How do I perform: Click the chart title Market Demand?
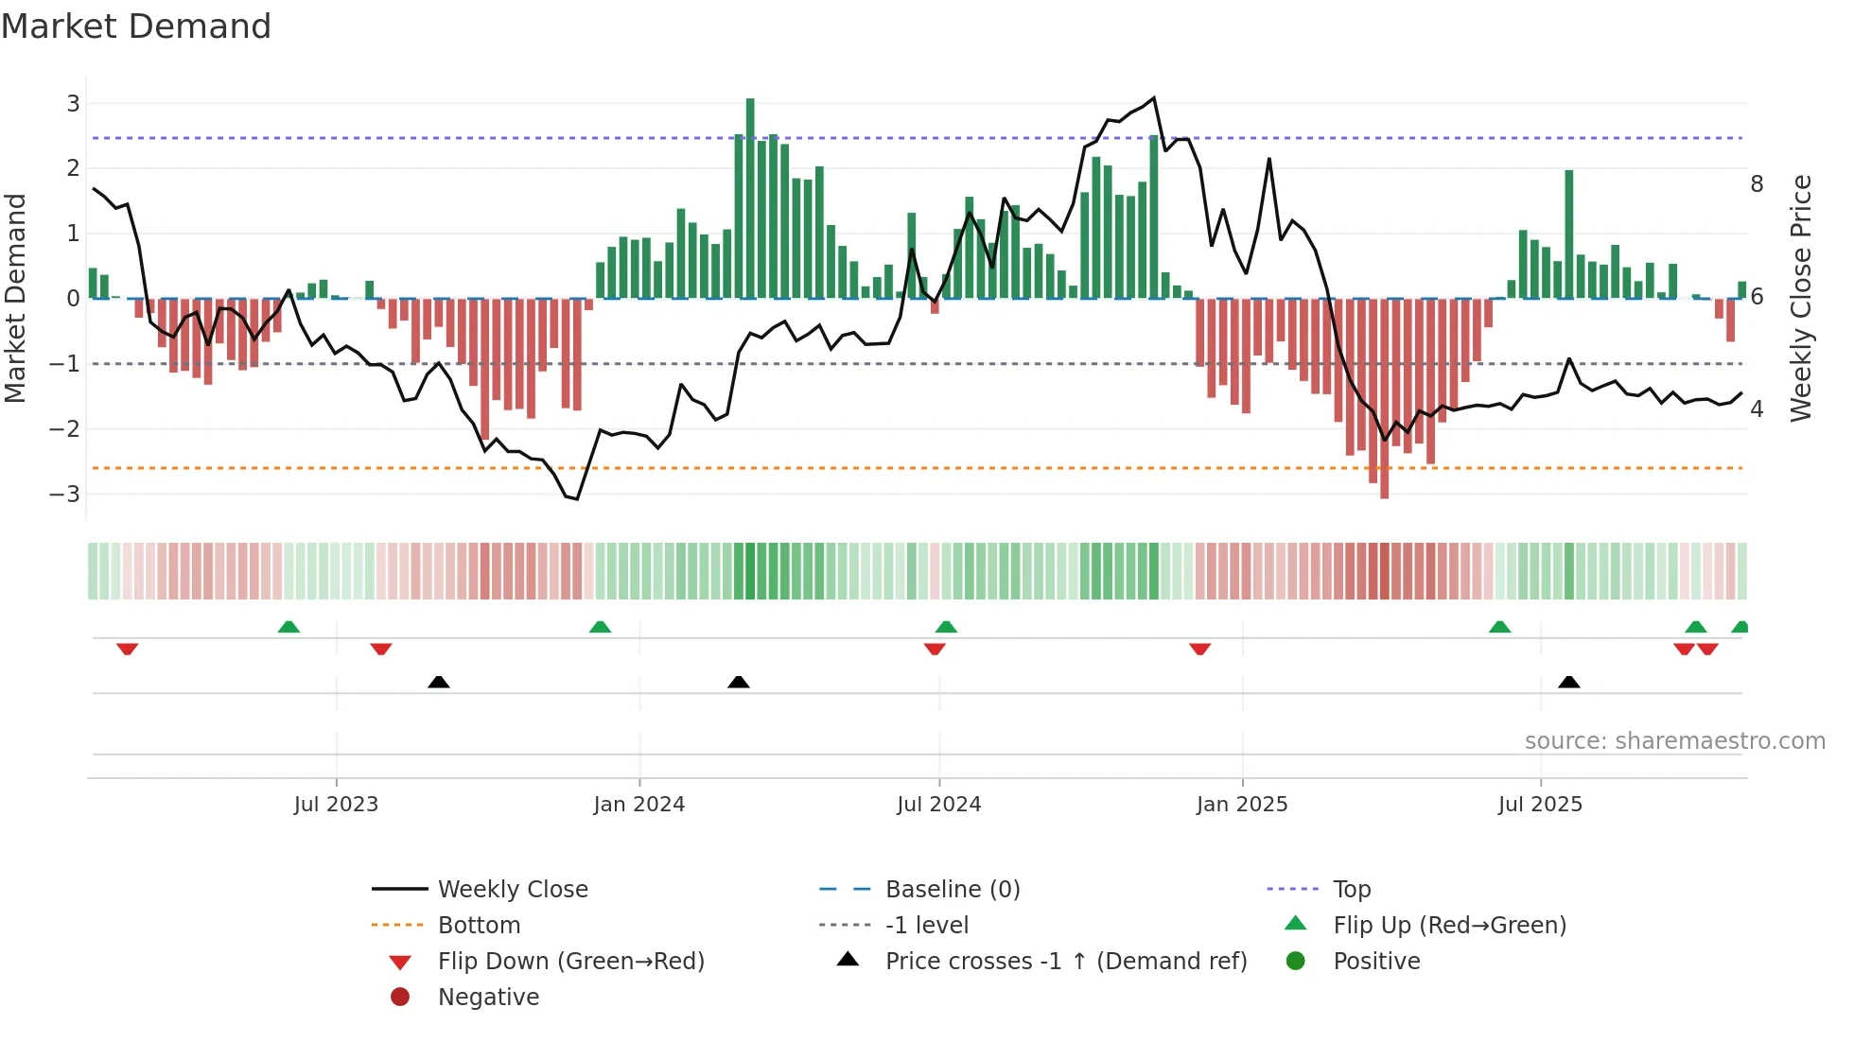[136, 26]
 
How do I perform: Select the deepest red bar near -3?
[1385, 397]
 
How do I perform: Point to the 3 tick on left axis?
[73, 103]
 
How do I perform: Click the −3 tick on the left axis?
[66, 494]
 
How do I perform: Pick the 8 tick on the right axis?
[1757, 184]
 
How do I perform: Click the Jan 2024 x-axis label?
[638, 805]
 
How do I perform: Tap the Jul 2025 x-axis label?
[1540, 805]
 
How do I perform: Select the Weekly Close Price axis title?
[1801, 298]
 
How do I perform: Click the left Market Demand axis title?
[16, 298]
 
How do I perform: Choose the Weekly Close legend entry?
[512, 890]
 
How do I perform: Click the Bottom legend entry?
[479, 926]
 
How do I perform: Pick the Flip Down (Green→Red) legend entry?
[570, 962]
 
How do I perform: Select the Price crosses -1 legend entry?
[1065, 962]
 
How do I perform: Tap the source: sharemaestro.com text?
[1674, 741]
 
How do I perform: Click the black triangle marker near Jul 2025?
[1568, 682]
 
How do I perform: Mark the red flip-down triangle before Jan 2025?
[1199, 649]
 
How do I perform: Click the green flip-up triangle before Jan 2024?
[600, 627]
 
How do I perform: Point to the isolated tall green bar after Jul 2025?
[1569, 234]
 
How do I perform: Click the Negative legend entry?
[488, 998]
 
